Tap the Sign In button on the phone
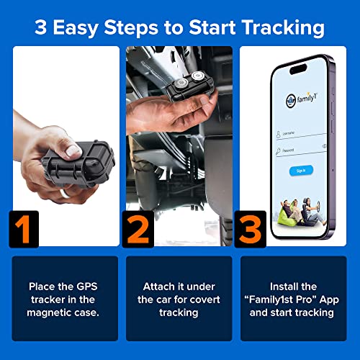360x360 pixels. point(302,171)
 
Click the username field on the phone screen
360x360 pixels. point(302,134)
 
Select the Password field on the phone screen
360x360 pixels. point(302,149)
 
